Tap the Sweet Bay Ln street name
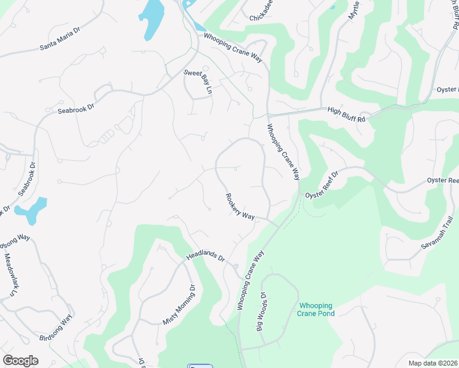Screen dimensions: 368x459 [x=198, y=82]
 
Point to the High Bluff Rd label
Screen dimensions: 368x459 [x=347, y=114]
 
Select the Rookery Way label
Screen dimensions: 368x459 [x=240, y=207]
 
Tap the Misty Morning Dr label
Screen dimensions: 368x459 [x=179, y=304]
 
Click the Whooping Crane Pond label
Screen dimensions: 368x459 [x=317, y=309]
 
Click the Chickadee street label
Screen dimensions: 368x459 [x=264, y=18]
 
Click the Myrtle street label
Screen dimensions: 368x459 [x=354, y=10]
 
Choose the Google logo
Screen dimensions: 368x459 [x=20, y=361]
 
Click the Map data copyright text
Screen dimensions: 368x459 [x=433, y=363]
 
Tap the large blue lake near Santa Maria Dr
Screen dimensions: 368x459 [x=152, y=20]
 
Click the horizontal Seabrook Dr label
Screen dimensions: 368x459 [x=75, y=109]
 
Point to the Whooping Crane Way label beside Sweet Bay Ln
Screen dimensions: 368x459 [x=233, y=47]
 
